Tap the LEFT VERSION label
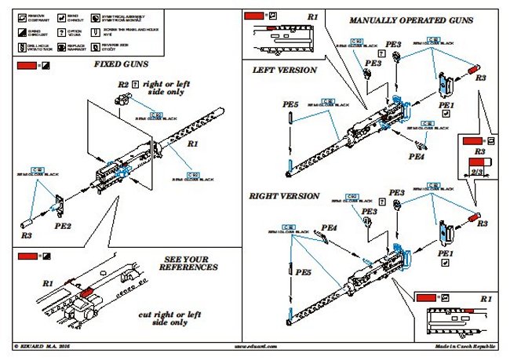coord(284,70)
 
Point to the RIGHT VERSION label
coord(286,195)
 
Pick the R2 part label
coord(122,83)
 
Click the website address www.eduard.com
coord(256,346)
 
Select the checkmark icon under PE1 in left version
coord(446,113)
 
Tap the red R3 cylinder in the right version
coord(473,215)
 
